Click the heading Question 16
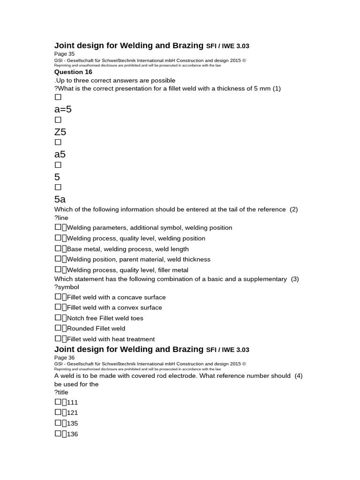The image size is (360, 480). [x=73, y=72]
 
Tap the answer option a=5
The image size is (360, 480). [x=63, y=109]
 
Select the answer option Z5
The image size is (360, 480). [x=60, y=132]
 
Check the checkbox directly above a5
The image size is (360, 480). [x=58, y=142]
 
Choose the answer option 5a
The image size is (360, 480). [x=60, y=199]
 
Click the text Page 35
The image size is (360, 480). [x=64, y=54]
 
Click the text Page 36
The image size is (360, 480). [x=64, y=358]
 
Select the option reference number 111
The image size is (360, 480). [x=72, y=402]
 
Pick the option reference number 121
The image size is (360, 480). [x=72, y=413]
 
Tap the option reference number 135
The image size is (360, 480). [x=72, y=423]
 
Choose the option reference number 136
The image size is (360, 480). [x=72, y=434]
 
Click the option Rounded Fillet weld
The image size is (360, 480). [x=96, y=329]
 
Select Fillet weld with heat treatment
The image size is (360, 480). [x=111, y=339]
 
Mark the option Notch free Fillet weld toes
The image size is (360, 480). [x=105, y=318]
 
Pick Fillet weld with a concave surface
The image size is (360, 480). [x=116, y=297]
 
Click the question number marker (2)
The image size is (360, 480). [x=294, y=209]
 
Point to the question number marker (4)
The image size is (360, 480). [x=299, y=375]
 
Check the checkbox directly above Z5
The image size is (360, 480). [x=58, y=120]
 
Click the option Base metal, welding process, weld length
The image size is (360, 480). [x=127, y=249]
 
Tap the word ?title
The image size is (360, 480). [x=61, y=392]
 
